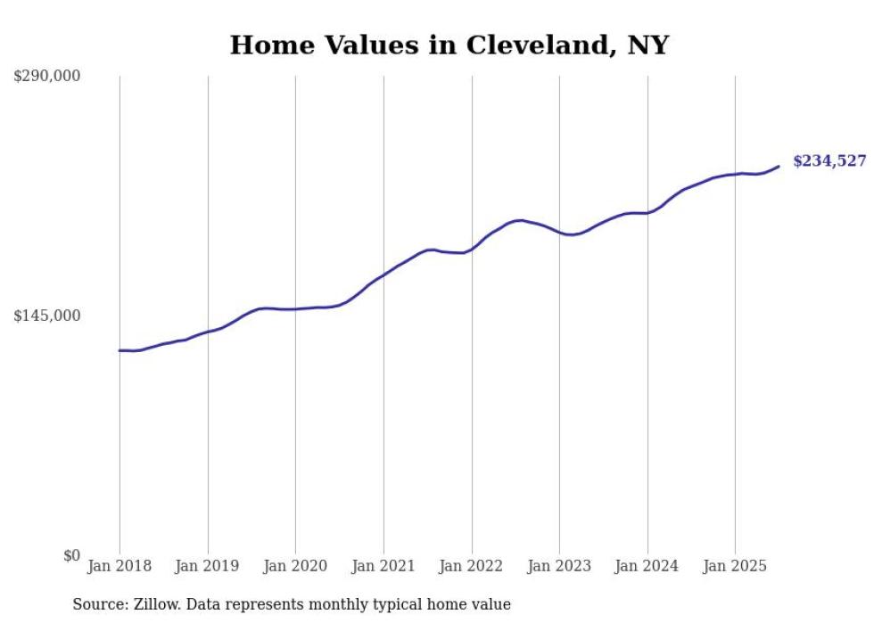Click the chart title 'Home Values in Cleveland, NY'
pos(449,45)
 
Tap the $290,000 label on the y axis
pos(46,77)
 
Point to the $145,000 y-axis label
pos(46,316)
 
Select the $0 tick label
pos(71,555)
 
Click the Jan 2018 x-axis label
pos(120,566)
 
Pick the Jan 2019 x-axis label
pos(208,566)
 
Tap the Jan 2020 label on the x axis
pos(295,566)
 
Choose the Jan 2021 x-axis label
pos(383,566)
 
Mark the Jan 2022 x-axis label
pos(472,566)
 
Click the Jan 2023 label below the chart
pos(559,566)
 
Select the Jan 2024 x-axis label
pos(647,566)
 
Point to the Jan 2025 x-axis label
pos(735,566)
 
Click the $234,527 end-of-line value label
pos(829,161)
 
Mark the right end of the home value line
pos(779,166)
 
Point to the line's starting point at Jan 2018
pos(120,350)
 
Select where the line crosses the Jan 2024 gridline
pos(647,213)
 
